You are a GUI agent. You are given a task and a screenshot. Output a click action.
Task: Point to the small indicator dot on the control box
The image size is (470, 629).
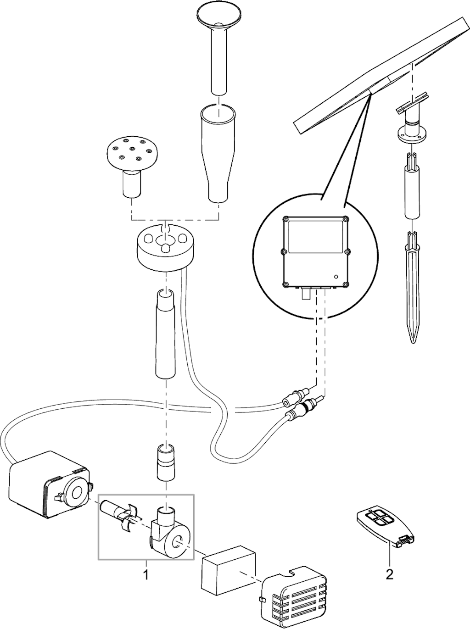click(x=336, y=277)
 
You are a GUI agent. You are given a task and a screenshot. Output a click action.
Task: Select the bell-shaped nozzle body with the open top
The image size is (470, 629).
click(x=218, y=154)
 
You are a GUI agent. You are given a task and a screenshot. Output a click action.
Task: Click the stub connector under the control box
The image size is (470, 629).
click(x=306, y=294)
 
